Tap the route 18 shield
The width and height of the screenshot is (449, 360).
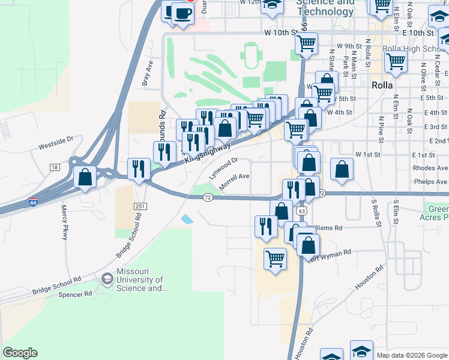[x=55, y=167]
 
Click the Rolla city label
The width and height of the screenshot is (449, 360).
[x=382, y=85]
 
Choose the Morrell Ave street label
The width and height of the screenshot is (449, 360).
[x=234, y=182]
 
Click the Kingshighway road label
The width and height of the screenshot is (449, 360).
[x=208, y=152]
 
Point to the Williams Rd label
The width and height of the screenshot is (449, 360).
[x=326, y=228]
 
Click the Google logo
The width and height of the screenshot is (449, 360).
[x=20, y=353]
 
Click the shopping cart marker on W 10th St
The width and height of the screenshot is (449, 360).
[x=307, y=43]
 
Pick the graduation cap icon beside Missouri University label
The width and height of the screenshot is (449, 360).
[x=107, y=278]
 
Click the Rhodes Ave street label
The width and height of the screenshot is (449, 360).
[x=430, y=168]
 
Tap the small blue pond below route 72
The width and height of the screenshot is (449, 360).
[x=187, y=220]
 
